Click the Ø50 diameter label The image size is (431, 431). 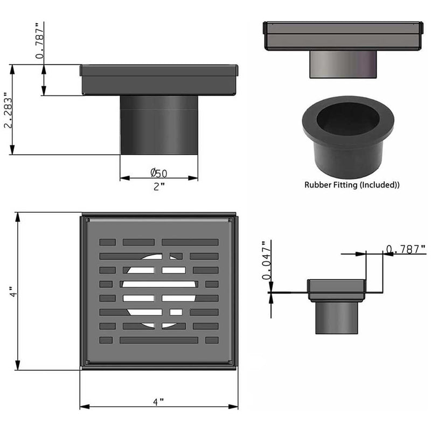tap(158, 173)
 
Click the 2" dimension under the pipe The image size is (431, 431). tap(158, 186)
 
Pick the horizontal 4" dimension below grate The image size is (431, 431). tap(158, 402)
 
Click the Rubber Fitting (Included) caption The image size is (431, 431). tap(352, 185)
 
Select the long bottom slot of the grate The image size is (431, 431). tap(158, 340)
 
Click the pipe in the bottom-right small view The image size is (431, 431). tap(337, 318)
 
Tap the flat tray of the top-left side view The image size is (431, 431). tap(158, 80)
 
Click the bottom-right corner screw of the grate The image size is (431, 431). tap(231, 362)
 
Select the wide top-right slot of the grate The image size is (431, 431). tap(190, 242)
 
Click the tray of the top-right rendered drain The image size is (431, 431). tap(340, 35)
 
